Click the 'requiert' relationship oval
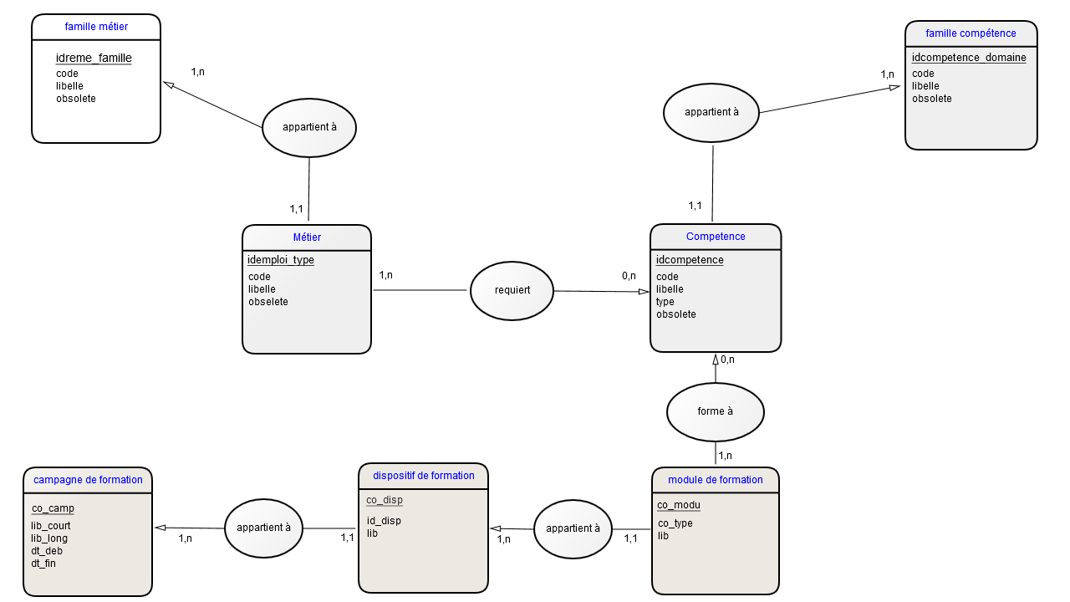(512, 290)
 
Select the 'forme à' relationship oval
(715, 412)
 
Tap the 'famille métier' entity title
(96, 27)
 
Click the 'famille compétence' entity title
(971, 33)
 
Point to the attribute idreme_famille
(94, 58)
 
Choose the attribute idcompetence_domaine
(969, 58)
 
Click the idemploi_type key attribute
(280, 260)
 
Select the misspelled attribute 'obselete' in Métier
(268, 302)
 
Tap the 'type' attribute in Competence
(665, 302)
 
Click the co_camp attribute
(53, 508)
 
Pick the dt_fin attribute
(43, 564)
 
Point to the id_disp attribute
(384, 521)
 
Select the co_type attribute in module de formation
(675, 523)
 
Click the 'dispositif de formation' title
(424, 476)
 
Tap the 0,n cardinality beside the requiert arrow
(629, 276)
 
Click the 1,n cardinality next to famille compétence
(887, 74)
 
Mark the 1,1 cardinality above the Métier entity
(296, 209)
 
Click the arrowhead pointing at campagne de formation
(160, 528)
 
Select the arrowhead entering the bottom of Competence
(716, 360)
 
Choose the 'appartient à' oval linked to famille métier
(309, 128)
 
